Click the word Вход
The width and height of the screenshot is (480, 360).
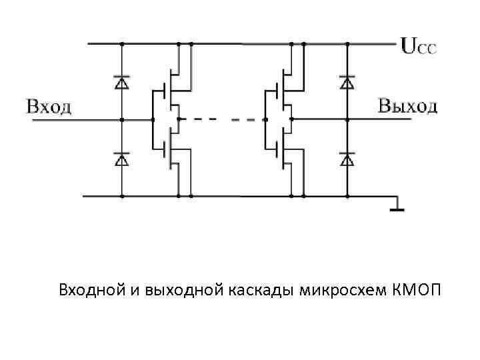[49, 107]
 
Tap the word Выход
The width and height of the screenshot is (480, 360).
[408, 106]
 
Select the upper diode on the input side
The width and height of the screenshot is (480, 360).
[121, 83]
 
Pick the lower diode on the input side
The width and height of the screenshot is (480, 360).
[121, 159]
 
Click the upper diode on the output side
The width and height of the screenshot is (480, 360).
[347, 83]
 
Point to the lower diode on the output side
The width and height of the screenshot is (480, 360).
[347, 159]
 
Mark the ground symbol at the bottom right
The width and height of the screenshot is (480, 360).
[397, 207]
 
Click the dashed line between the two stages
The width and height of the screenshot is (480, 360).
[220, 120]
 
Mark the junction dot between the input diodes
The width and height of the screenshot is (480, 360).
[121, 120]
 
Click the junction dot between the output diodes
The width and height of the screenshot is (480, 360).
[347, 120]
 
